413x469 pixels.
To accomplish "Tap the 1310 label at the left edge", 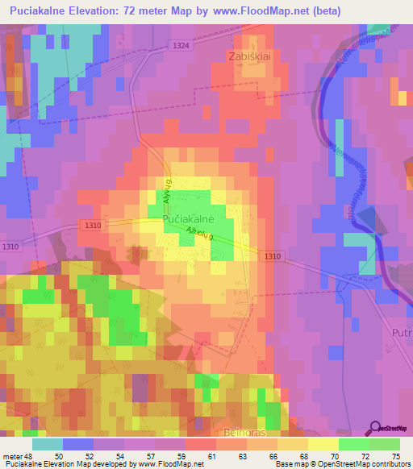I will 10,247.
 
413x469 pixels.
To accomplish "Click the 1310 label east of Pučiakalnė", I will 272,256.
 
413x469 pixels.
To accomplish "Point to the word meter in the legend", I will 11,455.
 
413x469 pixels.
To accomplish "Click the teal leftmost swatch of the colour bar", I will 48,444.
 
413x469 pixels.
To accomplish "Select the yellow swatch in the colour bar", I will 323,444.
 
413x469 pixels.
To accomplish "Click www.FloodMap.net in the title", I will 267,11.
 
